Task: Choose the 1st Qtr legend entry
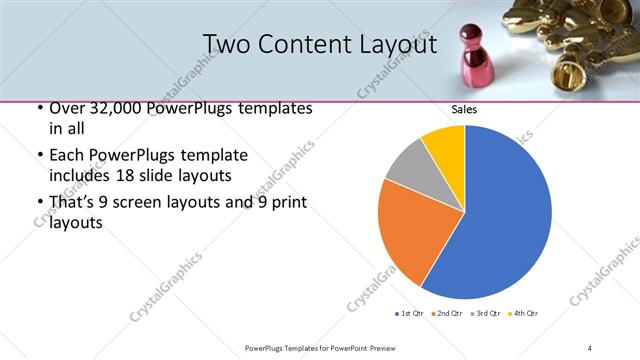tap(410, 314)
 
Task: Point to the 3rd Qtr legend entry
tap(486, 314)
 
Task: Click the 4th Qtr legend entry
tap(523, 314)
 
